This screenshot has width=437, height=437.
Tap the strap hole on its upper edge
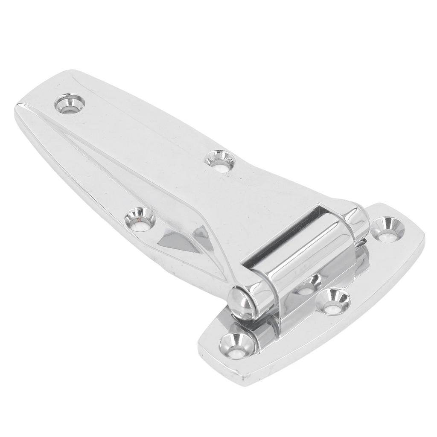pyautogui.click(x=220, y=160)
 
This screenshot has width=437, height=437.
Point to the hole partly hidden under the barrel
pyautogui.click(x=310, y=284)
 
